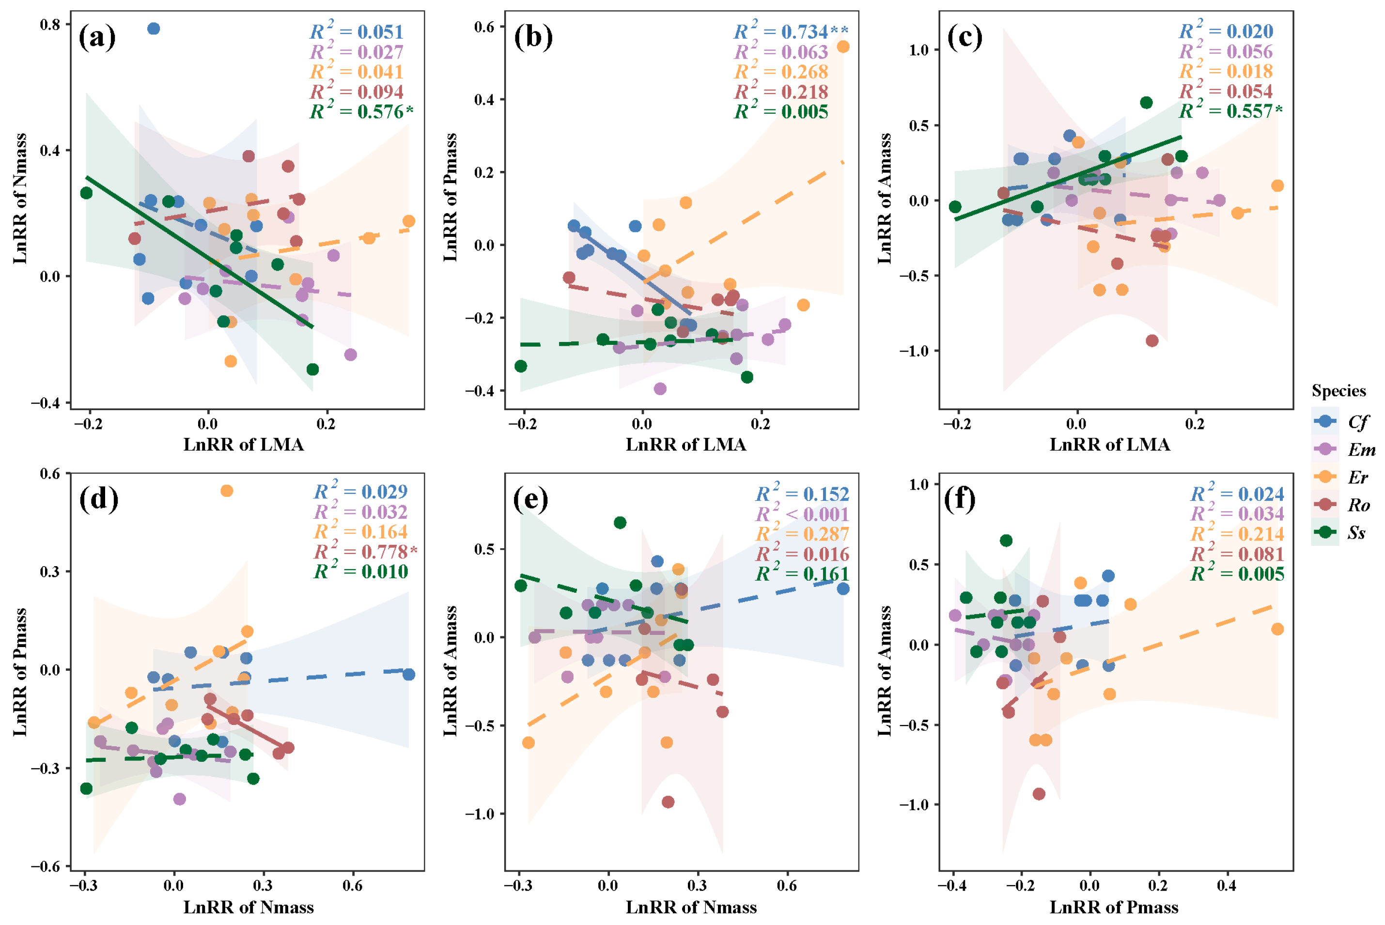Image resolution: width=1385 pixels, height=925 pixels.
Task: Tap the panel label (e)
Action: coord(530,499)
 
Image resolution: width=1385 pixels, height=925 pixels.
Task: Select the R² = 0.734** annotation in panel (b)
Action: coord(791,32)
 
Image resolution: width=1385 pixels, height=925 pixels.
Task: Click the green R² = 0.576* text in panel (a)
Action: coord(361,111)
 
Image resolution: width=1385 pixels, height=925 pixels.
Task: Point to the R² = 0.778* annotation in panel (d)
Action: coord(365,552)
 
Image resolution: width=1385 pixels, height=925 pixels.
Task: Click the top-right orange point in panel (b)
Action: coord(843,46)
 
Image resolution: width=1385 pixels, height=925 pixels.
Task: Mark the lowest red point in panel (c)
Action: coord(1152,340)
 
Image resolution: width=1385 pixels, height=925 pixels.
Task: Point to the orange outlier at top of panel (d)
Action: coord(227,491)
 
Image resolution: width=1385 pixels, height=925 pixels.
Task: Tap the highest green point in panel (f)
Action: coord(1006,540)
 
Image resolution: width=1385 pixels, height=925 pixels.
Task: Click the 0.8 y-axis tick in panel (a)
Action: coord(50,25)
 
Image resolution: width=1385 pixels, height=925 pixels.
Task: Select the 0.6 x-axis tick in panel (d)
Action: coord(353,885)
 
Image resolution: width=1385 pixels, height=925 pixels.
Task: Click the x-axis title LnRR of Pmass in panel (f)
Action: coord(1114,907)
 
